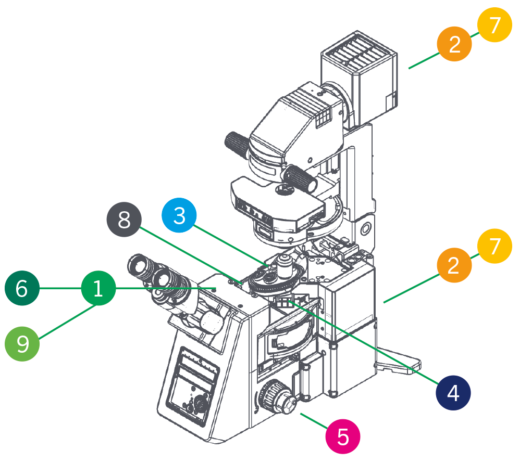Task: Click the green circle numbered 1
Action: click(98, 288)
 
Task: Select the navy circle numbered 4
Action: click(453, 393)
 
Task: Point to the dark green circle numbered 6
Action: click(22, 288)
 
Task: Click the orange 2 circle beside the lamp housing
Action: click(454, 44)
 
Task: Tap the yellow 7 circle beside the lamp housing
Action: click(495, 24)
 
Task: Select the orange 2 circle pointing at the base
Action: click(454, 265)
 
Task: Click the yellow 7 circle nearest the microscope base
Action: click(495, 244)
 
